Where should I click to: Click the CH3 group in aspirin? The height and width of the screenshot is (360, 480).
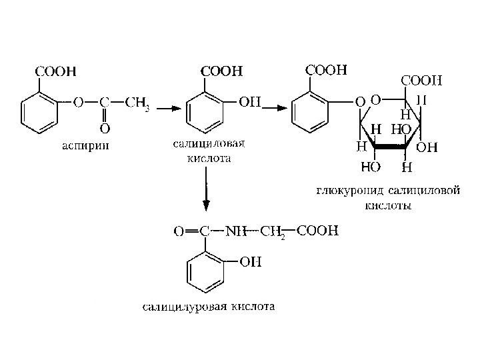click(137, 104)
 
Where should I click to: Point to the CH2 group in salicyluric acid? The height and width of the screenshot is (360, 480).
click(273, 233)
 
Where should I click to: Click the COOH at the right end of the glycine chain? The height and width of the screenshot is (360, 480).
click(317, 231)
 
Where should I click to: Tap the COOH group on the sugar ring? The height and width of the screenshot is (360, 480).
click(421, 80)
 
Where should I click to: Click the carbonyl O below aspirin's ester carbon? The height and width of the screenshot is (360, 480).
click(105, 127)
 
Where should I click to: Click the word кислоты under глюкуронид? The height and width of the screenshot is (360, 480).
click(388, 206)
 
